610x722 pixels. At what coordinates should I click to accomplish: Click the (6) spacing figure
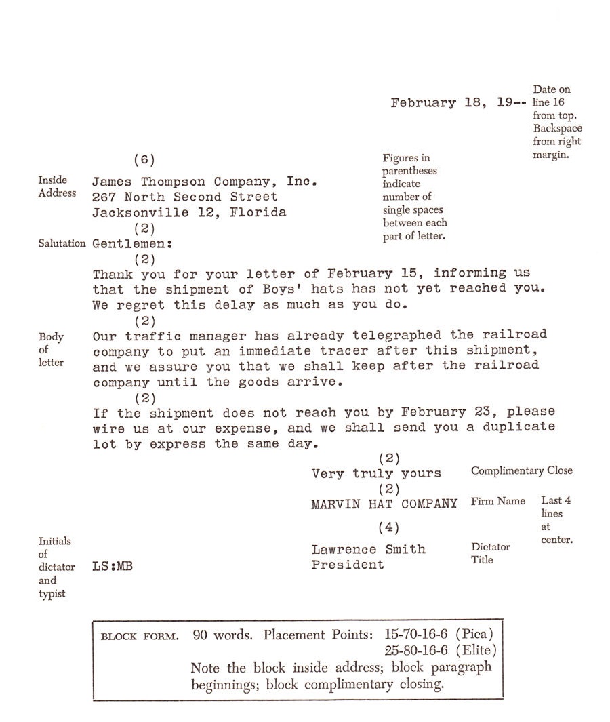144,160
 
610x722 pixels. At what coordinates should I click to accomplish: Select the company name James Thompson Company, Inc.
205,182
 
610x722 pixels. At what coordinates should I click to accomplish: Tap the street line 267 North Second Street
185,197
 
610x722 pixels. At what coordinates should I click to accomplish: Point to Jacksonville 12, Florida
189,212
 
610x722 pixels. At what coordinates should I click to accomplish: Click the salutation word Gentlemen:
131,243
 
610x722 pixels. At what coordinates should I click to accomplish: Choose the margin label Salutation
62,243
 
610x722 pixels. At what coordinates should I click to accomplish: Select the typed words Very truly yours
376,474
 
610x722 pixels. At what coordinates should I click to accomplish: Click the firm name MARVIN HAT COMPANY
384,504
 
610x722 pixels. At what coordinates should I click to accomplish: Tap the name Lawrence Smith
369,550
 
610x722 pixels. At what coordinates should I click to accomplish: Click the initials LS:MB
112,567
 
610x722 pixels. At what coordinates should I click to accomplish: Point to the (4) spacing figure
388,527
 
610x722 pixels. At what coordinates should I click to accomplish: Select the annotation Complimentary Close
521,471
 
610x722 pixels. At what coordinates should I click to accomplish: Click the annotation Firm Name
497,502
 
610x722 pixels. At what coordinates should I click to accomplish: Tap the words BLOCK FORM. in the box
140,637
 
